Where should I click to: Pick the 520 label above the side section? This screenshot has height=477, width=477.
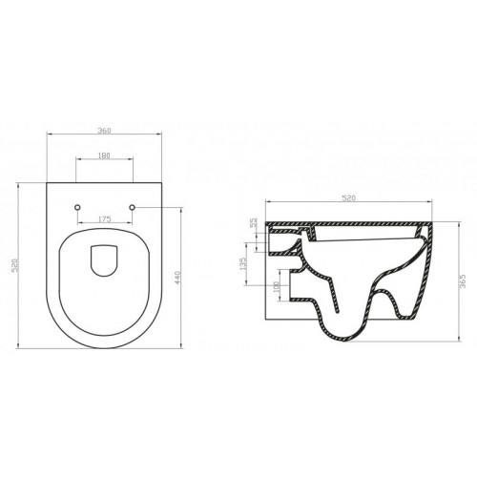[x=348, y=197]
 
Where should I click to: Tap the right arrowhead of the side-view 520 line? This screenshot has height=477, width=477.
[x=429, y=204]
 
